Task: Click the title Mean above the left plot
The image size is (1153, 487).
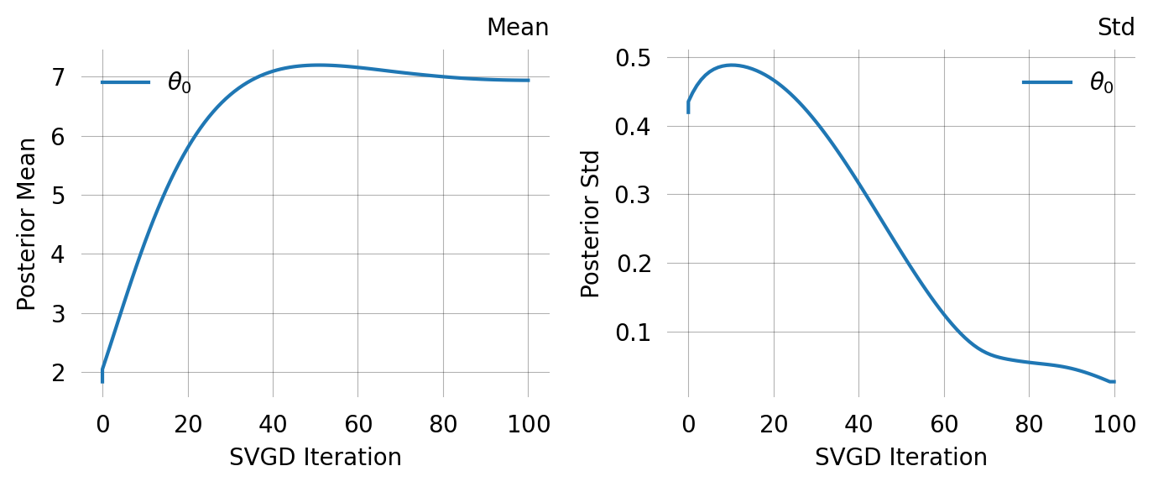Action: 517,28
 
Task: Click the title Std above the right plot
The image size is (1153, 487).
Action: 1116,28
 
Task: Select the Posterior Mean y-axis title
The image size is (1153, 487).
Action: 27,223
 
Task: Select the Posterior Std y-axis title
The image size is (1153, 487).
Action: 591,223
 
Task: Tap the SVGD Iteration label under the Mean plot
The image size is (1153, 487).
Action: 315,457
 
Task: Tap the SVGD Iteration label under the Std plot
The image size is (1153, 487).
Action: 900,457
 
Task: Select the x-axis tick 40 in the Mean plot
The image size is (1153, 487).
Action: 273,424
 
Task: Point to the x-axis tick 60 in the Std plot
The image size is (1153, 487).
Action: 944,424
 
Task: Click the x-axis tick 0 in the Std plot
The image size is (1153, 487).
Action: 688,424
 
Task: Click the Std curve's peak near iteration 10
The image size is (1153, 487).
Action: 731,65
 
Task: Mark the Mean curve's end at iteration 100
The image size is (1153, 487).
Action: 528,81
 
